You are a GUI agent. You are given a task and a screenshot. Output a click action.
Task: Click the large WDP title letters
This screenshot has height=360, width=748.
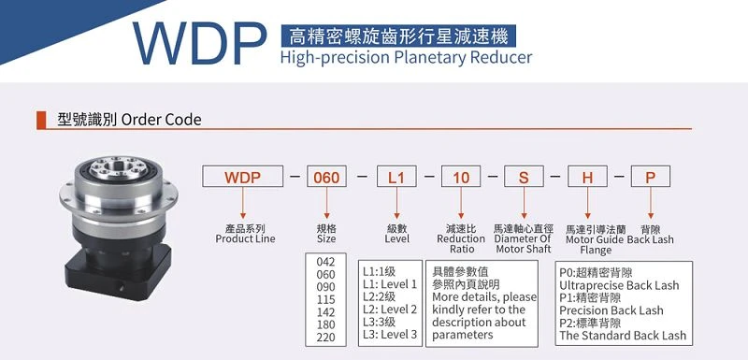click(x=199, y=43)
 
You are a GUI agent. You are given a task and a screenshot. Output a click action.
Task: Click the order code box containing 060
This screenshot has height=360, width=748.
click(x=326, y=177)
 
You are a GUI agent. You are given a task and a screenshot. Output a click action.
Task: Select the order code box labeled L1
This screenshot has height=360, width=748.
click(x=396, y=177)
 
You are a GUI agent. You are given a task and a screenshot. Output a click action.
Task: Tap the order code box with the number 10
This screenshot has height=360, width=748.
click(x=461, y=177)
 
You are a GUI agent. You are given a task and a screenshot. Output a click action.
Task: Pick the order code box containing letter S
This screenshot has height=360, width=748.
click(x=524, y=177)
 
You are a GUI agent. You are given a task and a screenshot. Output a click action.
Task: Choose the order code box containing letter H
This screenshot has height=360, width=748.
click(x=587, y=177)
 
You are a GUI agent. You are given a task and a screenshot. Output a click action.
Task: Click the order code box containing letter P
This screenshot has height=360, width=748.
click(x=651, y=177)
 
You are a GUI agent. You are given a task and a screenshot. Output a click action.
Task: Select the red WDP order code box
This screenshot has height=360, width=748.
click(x=243, y=177)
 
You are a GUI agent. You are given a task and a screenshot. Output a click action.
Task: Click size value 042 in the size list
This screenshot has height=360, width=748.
click(x=325, y=262)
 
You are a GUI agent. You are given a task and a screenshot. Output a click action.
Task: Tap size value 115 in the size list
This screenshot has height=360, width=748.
click(x=325, y=299)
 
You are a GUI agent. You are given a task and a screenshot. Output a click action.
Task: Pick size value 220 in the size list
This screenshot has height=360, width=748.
click(x=325, y=338)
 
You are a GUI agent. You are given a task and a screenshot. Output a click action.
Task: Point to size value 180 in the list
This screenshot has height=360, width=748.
click(x=325, y=324)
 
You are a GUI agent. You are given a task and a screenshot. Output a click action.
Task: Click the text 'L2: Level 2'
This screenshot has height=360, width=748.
click(x=390, y=310)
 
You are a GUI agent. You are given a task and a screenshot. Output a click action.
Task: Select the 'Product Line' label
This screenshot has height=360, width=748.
click(x=245, y=238)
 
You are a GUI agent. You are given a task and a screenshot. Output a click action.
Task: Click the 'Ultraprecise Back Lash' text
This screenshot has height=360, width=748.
click(x=619, y=285)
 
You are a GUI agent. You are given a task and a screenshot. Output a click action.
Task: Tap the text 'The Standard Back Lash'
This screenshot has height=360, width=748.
click(x=623, y=336)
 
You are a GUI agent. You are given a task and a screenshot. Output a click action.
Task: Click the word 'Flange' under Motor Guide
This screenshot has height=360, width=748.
click(x=596, y=251)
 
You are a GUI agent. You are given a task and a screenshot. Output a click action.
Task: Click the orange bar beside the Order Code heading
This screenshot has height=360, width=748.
click(x=41, y=121)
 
